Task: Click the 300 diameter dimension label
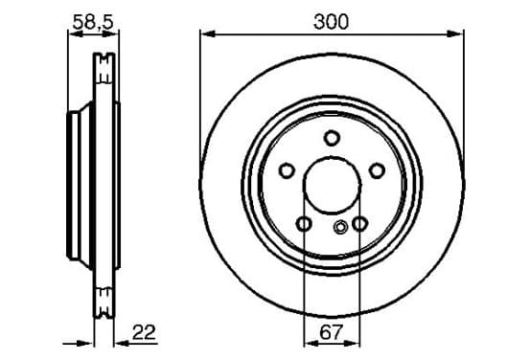point(331,22)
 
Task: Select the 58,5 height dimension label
point(94,22)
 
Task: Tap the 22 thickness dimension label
point(144,332)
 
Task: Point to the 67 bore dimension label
point(331,332)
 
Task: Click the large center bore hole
point(332,185)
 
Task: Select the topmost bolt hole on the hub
point(332,138)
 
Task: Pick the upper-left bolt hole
point(287,170)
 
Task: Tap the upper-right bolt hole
point(377,170)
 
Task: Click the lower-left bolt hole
point(304,223)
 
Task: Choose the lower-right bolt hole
point(359,223)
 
